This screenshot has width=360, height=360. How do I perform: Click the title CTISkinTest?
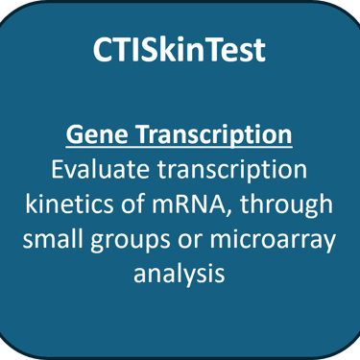pyautogui.click(x=180, y=50)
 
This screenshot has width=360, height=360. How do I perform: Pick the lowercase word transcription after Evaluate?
pyautogui.click(x=232, y=171)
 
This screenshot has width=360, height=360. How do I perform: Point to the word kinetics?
pyautogui.click(x=69, y=204)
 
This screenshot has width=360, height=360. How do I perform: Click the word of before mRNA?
pyautogui.click(x=133, y=204)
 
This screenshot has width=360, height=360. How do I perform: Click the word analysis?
pyautogui.click(x=180, y=275)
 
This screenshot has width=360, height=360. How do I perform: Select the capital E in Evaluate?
pyautogui.click(x=57, y=170)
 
